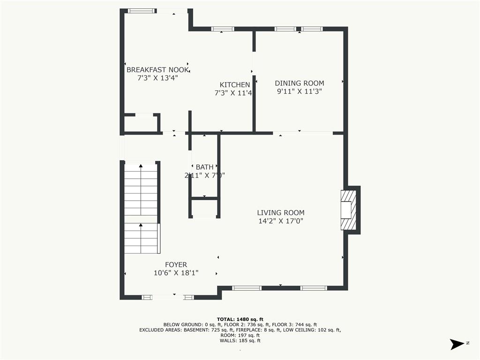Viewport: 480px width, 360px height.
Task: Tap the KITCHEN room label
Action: (x=235, y=85)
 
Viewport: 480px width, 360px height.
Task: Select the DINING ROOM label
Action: (x=299, y=83)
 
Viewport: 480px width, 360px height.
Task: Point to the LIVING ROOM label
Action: (x=280, y=212)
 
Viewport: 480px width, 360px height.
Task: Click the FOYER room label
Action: (x=176, y=265)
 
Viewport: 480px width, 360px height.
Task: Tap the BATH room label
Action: (x=204, y=167)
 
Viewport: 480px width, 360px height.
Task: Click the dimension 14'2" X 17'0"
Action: (x=280, y=221)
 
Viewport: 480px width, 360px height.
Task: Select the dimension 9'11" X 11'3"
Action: (x=299, y=92)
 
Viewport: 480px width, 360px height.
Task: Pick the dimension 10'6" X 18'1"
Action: (x=176, y=273)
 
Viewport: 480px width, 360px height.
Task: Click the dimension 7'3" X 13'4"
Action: (x=157, y=78)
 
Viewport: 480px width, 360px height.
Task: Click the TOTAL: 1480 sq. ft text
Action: (x=240, y=319)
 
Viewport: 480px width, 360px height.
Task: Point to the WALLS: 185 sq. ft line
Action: (x=240, y=341)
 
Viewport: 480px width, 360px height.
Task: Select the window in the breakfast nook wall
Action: (x=141, y=11)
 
